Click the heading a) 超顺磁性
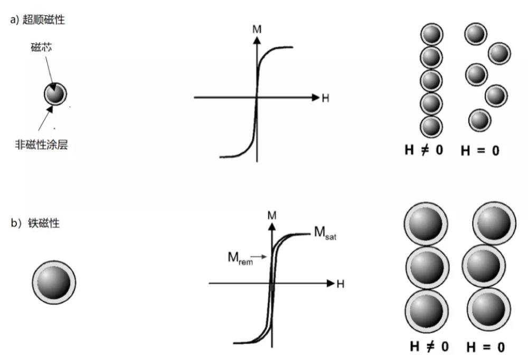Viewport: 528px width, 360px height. [x=37, y=20]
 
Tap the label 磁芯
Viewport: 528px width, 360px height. [x=41, y=47]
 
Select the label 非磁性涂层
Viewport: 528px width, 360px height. [x=41, y=145]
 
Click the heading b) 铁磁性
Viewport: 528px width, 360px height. [x=35, y=223]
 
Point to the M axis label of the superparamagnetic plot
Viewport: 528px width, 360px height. [x=257, y=30]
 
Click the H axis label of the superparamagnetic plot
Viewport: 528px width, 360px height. [x=325, y=98]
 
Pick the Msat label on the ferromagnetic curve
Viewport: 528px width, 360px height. [x=325, y=233]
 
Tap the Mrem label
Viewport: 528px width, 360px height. [x=240, y=258]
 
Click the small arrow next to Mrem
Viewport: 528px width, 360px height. [x=259, y=257]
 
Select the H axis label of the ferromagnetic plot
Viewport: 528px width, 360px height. [x=341, y=284]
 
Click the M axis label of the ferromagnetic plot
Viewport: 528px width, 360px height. [x=272, y=215]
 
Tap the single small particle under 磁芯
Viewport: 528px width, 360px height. [x=55, y=94]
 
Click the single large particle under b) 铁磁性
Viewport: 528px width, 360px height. [x=54, y=282]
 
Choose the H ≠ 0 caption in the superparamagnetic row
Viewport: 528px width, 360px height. [x=424, y=150]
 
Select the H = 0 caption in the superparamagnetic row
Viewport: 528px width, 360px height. [x=480, y=150]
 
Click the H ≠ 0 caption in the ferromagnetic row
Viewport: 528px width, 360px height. [x=429, y=346]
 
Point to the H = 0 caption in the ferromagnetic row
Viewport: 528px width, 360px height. [x=486, y=347]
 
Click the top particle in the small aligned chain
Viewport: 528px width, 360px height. [x=432, y=34]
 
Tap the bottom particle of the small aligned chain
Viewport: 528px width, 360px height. [x=431, y=127]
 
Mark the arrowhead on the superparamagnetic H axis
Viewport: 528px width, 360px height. [x=316, y=98]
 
